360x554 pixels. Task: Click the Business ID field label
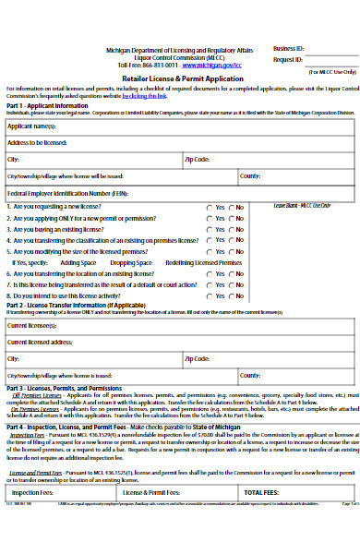pos(288,47)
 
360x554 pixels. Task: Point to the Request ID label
pos(287,58)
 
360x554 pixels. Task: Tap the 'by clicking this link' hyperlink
pos(146,96)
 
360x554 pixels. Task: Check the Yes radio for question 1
pos(210,207)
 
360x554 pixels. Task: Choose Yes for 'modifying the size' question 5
pos(210,251)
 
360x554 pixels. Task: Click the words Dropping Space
pos(131,262)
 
